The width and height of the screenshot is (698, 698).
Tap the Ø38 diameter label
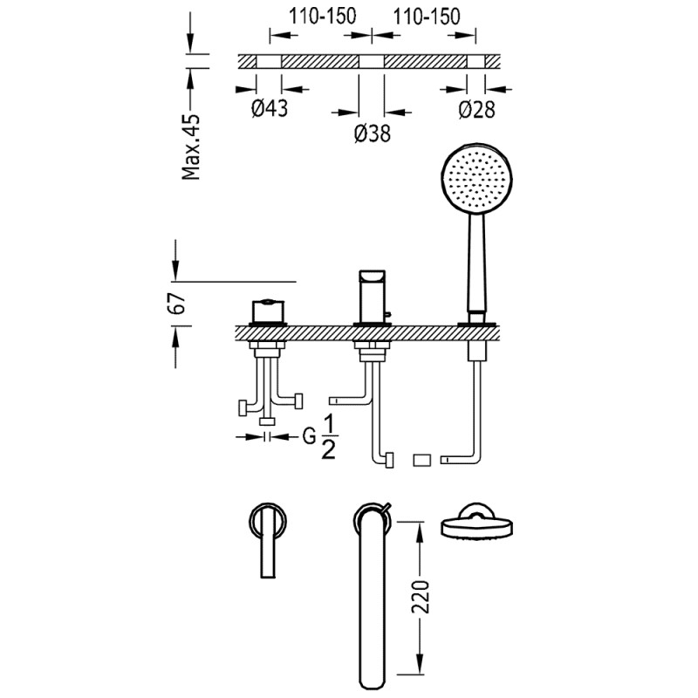[x=373, y=133]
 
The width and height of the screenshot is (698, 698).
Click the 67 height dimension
[x=176, y=304]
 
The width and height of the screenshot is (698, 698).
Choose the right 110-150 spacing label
[x=425, y=17]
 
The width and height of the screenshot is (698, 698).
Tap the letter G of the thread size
[x=309, y=437]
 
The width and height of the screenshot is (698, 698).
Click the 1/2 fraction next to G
[x=330, y=437]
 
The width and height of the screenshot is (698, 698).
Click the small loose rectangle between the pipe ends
[x=423, y=459]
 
